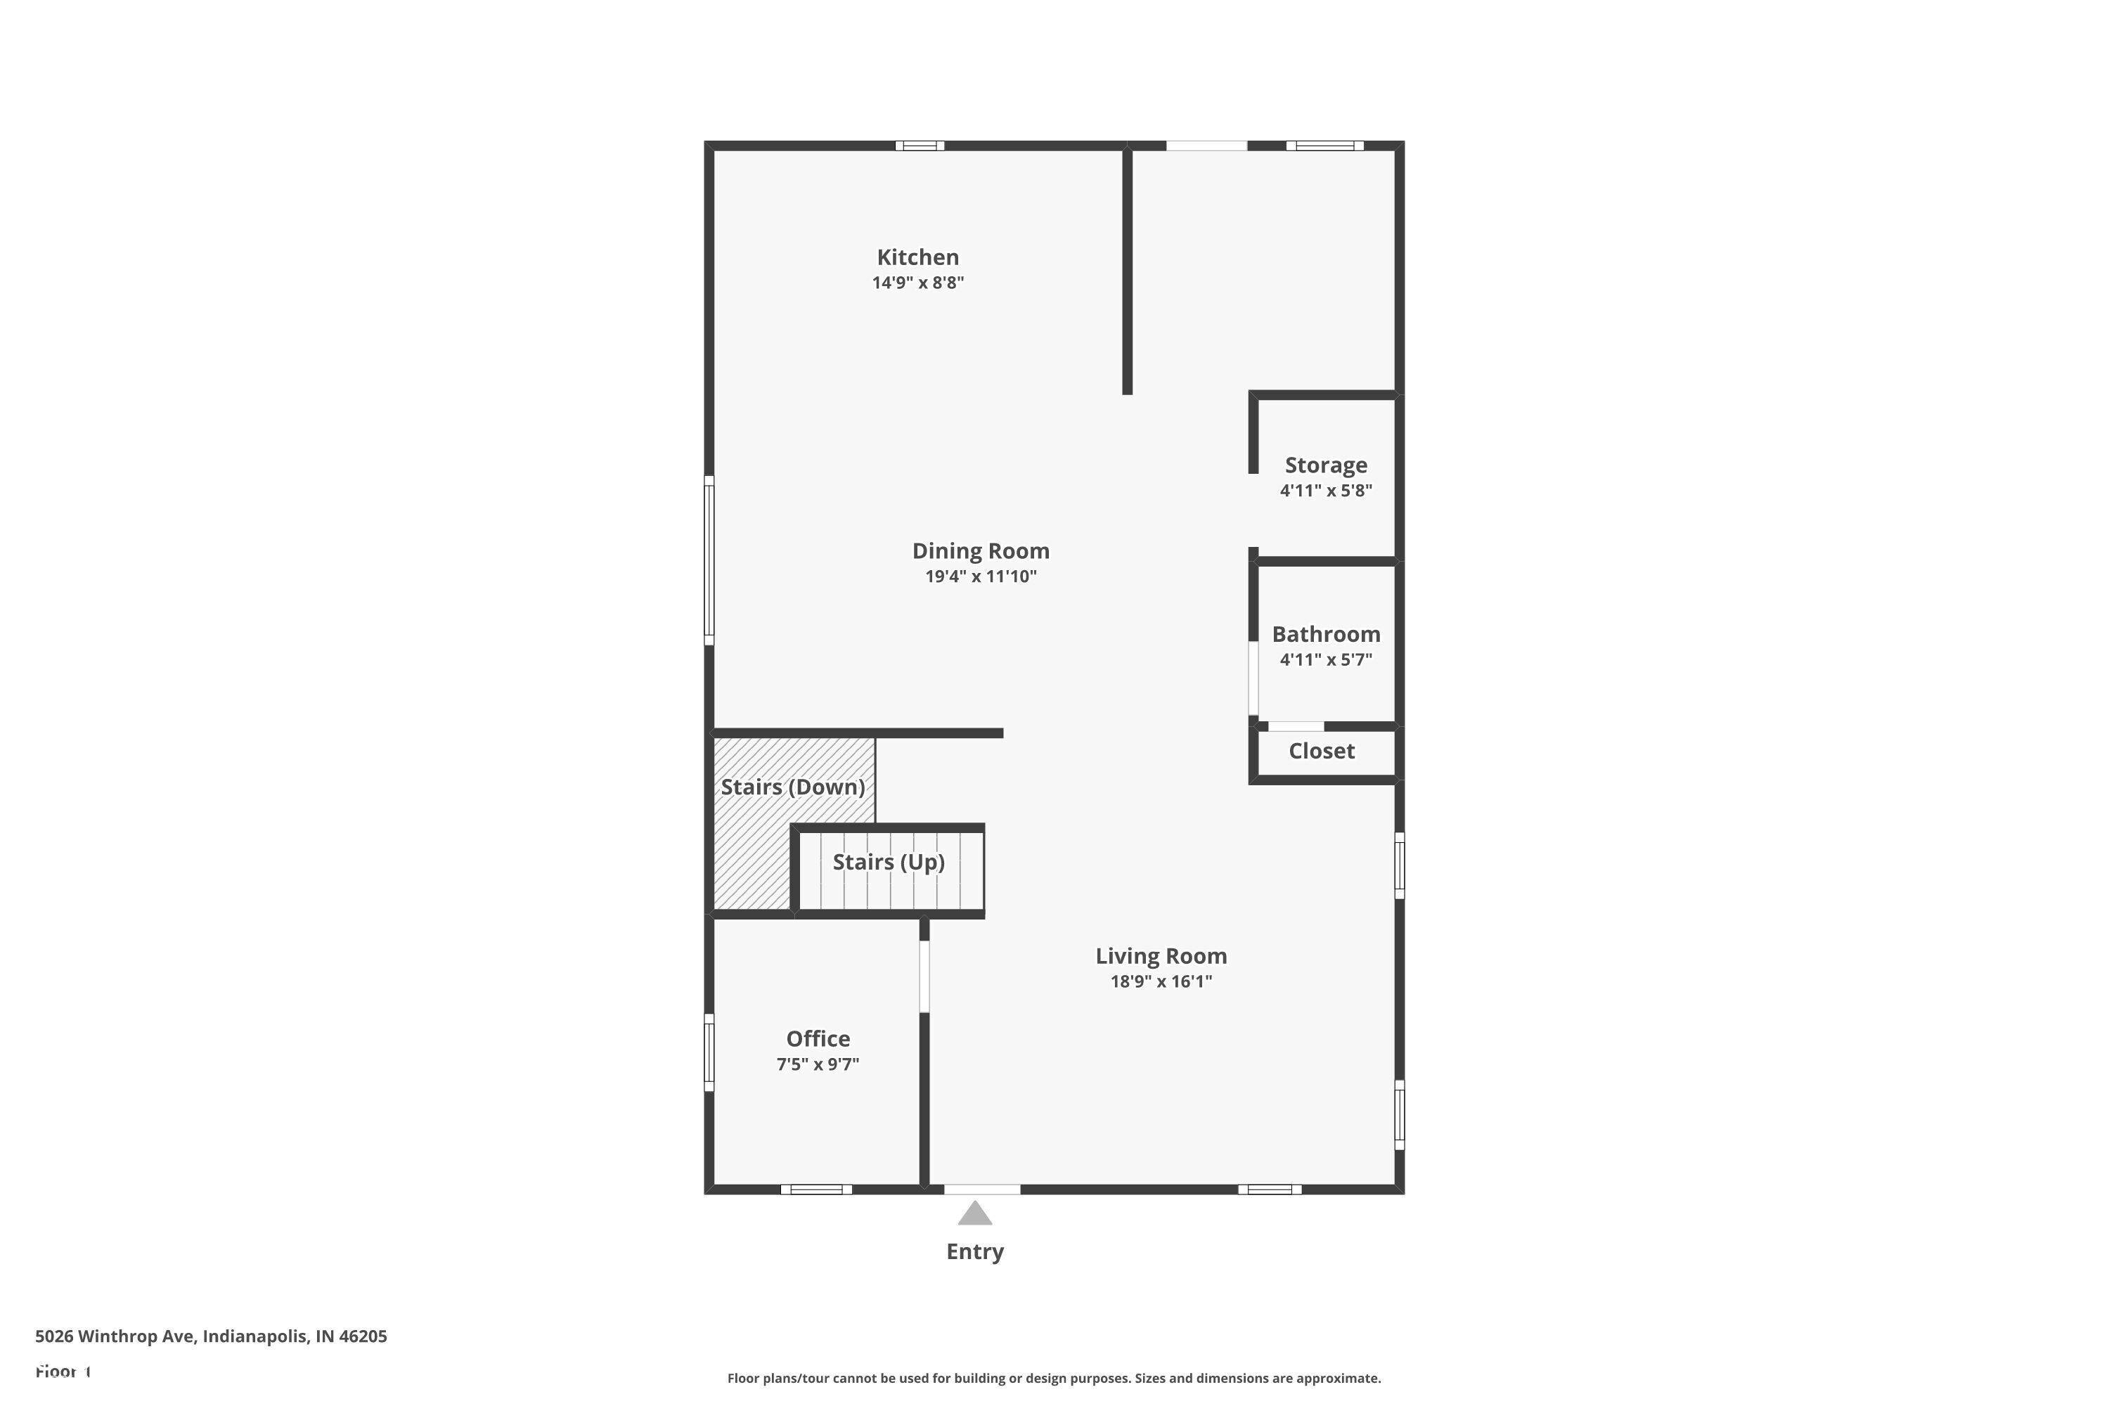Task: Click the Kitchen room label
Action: click(917, 257)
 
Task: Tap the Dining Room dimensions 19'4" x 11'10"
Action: click(981, 576)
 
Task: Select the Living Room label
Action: click(1161, 956)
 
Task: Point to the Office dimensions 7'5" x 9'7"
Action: click(818, 1064)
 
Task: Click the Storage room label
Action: click(1326, 465)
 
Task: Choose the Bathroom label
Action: click(1326, 635)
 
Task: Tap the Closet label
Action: click(1322, 752)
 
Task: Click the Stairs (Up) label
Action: click(889, 863)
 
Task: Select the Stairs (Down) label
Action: click(793, 787)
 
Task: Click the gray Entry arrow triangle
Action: click(974, 1214)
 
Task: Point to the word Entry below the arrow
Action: click(974, 1252)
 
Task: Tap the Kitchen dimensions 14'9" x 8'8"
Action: click(917, 283)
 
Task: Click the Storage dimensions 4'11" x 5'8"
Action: click(1326, 491)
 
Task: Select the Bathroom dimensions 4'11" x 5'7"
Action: click(1326, 660)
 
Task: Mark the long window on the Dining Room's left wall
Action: click(709, 560)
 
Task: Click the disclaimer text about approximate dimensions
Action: click(1054, 1378)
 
